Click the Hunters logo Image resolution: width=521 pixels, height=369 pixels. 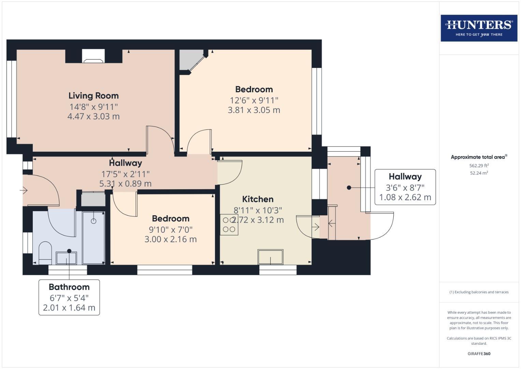[479, 28]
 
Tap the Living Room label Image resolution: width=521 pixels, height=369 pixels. [93, 96]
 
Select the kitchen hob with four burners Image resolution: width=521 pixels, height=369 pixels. [229, 224]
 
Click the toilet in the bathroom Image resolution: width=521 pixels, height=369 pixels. [45, 253]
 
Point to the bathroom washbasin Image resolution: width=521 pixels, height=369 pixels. [66, 258]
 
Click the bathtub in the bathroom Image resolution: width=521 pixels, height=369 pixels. [93, 237]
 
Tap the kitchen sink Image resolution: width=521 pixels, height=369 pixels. [271, 257]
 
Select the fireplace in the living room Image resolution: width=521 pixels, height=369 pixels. [93, 56]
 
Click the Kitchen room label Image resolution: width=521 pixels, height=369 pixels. [258, 199]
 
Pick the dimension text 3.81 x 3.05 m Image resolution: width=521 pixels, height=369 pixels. [254, 110]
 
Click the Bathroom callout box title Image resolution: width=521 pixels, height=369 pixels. [69, 287]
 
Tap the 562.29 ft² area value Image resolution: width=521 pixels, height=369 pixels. [479, 165]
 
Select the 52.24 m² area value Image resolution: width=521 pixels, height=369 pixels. [479, 173]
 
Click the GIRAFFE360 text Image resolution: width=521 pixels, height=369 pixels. [479, 354]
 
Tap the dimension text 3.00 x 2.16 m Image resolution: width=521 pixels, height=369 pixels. [171, 239]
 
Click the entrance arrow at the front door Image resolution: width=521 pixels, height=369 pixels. [24, 190]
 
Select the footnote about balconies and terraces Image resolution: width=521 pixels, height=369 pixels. [479, 292]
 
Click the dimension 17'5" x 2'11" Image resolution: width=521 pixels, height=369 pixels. [125, 174]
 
